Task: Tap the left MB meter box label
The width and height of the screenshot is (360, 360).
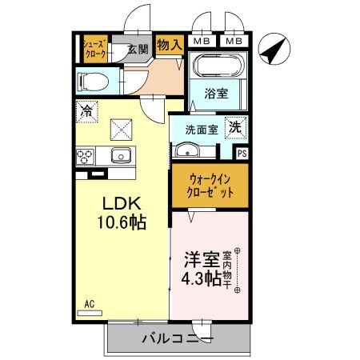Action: pos(202,41)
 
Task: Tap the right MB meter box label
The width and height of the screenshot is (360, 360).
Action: pos(234,41)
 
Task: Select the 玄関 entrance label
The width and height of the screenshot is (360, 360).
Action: pos(138,49)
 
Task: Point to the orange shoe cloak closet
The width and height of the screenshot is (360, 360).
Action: pos(95,49)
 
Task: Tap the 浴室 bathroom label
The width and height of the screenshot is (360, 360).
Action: pos(217,94)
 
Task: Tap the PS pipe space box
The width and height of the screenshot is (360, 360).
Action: pos(241,153)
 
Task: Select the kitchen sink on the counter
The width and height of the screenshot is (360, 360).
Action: pos(121,155)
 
